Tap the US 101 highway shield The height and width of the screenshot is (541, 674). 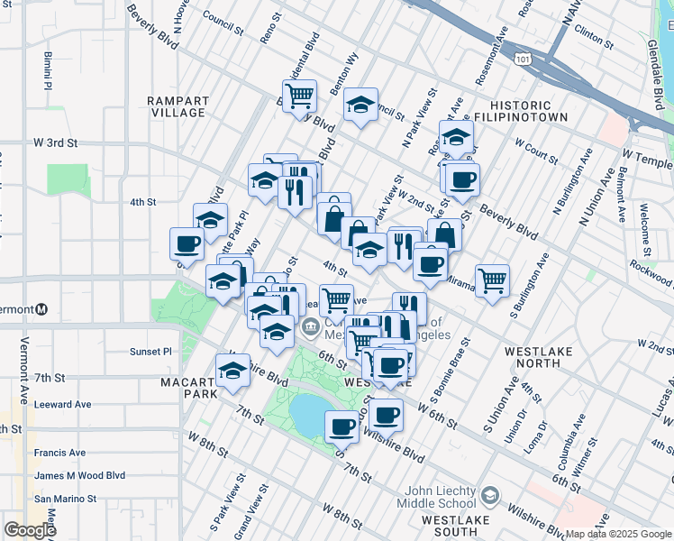point(522,59)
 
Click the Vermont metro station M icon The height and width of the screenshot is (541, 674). point(42,310)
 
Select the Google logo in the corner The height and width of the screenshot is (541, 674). point(30,530)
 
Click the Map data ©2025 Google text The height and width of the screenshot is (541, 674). point(618,534)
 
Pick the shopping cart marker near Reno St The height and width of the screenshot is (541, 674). point(298,94)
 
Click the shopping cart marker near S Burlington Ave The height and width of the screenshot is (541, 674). point(492,280)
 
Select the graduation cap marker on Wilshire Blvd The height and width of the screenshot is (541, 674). point(232,370)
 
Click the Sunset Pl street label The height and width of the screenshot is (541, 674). point(150,352)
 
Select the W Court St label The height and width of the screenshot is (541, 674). point(536,150)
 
